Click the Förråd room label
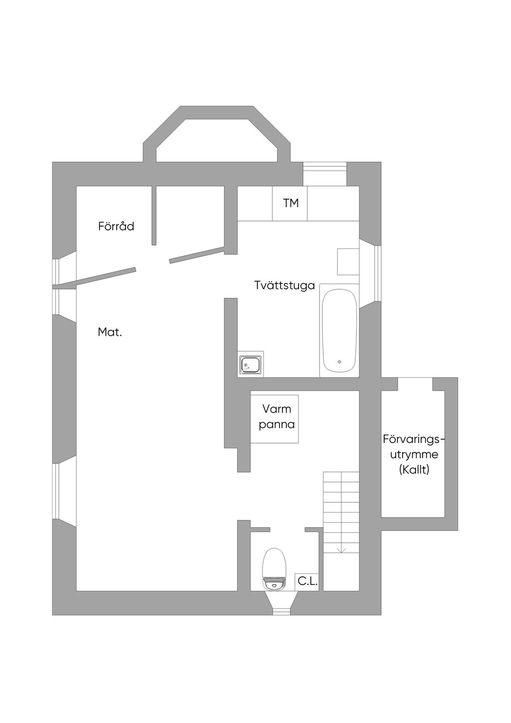click(x=116, y=227)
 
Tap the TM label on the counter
click(x=290, y=203)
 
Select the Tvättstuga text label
click(x=284, y=286)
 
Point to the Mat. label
click(x=110, y=332)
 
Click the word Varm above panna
click(x=277, y=409)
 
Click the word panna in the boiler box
click(x=277, y=425)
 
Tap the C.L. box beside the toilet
click(x=307, y=581)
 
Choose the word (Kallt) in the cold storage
click(x=414, y=470)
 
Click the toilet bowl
click(x=274, y=566)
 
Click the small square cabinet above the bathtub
click(x=348, y=261)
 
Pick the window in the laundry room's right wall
click(x=378, y=273)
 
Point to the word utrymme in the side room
click(x=414, y=455)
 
